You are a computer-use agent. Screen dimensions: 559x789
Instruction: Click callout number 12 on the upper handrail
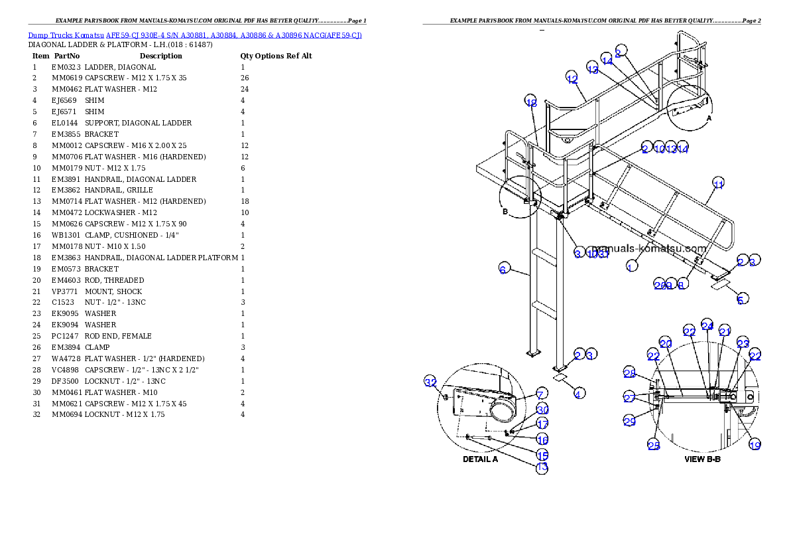[x=572, y=78]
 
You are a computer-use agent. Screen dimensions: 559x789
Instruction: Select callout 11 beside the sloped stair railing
[x=718, y=183]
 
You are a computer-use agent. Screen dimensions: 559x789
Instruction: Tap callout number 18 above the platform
[x=531, y=102]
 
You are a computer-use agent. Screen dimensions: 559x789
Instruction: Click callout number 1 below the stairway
[x=631, y=266]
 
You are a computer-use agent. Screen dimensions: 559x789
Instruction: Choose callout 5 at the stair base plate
[x=741, y=299]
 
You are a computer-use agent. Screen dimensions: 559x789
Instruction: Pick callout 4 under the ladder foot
[x=579, y=394]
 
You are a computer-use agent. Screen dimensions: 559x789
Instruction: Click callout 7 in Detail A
[x=542, y=394]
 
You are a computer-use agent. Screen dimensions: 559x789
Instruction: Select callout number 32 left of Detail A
[x=430, y=382]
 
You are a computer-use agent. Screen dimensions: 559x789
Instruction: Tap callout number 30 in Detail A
[x=543, y=410]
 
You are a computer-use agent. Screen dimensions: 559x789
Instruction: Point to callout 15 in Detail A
[x=542, y=455]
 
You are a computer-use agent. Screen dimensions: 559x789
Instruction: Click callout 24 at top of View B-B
[x=707, y=325]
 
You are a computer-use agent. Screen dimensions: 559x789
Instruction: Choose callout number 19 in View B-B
[x=755, y=445]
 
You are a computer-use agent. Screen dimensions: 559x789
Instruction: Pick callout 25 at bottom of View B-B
[x=654, y=445]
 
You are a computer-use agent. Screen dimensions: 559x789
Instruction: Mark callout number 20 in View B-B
[x=666, y=343]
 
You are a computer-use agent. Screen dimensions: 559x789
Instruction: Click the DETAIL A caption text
[x=480, y=459]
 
